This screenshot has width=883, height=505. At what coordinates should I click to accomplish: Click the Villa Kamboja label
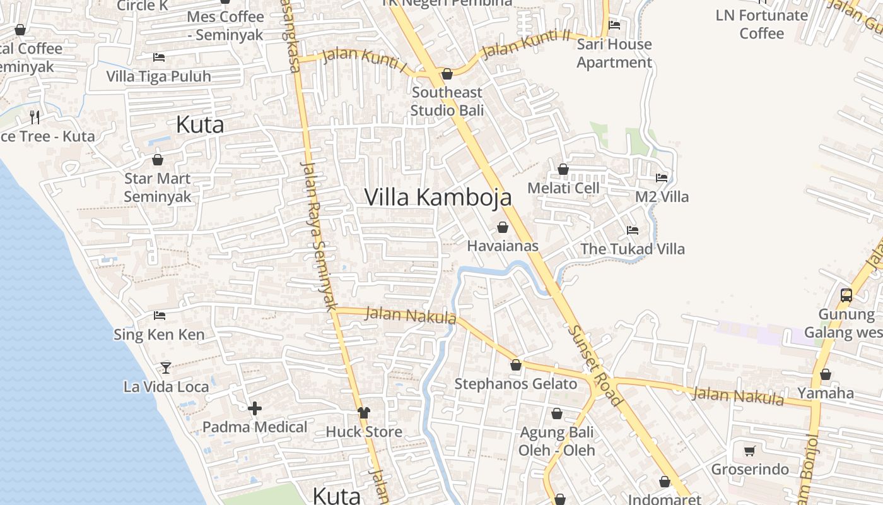(x=438, y=198)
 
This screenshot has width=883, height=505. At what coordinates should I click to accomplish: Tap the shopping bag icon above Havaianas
(x=503, y=227)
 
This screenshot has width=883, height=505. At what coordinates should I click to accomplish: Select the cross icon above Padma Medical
(x=255, y=409)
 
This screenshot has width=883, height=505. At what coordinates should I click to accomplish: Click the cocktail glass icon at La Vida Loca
(x=166, y=367)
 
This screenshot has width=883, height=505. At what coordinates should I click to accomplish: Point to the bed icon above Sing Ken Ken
(x=160, y=315)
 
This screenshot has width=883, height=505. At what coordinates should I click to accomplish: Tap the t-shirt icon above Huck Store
(x=364, y=413)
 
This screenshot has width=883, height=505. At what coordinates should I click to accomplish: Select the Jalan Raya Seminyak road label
(x=319, y=236)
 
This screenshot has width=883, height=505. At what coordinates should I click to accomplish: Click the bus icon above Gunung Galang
(x=846, y=295)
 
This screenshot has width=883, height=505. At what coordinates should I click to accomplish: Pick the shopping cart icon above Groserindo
(x=750, y=451)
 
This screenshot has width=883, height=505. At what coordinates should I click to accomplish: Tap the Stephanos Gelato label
(x=515, y=384)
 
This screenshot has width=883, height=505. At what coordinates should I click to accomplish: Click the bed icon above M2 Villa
(x=662, y=178)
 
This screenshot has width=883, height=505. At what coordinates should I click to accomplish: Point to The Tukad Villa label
(x=633, y=249)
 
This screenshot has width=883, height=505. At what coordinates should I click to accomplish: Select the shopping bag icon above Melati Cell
(x=563, y=169)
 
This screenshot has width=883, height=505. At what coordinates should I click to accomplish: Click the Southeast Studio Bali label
(x=447, y=101)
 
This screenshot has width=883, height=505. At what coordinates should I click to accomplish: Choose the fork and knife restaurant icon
(x=35, y=117)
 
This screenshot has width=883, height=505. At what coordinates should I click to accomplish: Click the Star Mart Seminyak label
(x=157, y=187)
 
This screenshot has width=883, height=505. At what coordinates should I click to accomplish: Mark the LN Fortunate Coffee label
(x=761, y=24)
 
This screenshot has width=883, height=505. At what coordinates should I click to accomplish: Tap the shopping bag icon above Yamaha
(x=825, y=374)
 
